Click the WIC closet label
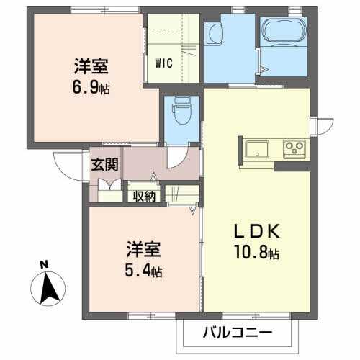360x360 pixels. (163, 63)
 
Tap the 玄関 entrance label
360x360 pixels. (104, 165)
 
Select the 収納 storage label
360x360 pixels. (144, 197)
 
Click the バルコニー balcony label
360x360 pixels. (238, 333)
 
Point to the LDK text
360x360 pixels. (257, 231)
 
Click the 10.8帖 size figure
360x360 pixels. (257, 252)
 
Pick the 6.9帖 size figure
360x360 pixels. (91, 87)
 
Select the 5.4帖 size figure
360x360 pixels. (143, 271)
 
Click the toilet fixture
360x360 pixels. (182, 110)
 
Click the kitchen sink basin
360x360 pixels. (257, 150)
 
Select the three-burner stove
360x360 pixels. (294, 149)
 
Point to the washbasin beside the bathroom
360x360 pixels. (214, 34)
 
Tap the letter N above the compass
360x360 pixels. (44, 265)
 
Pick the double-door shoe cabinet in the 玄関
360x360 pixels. (110, 185)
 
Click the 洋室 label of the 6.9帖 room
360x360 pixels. (91, 66)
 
